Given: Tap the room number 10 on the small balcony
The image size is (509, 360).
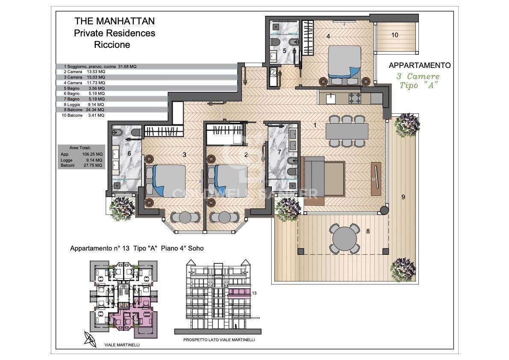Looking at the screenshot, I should click(x=394, y=35).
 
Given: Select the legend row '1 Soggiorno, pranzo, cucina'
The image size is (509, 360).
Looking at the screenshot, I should click(x=100, y=66).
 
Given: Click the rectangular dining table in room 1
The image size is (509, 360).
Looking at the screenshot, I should click(x=347, y=131).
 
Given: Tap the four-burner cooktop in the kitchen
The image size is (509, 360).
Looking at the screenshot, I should click(x=356, y=98).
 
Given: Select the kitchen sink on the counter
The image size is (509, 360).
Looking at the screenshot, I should click(x=331, y=98).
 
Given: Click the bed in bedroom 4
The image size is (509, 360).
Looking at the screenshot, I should click(x=344, y=63).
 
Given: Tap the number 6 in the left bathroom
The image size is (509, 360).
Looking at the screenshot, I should click(x=129, y=153).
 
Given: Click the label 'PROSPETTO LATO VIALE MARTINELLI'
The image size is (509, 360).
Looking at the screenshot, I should click(x=219, y=340).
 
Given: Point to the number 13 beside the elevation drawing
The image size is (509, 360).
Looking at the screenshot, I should click(x=254, y=293).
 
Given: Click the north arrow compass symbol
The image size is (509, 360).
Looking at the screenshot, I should click(x=90, y=339).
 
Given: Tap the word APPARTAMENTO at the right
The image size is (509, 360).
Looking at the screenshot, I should click(x=420, y=65).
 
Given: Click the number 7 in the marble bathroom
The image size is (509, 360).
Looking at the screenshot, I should click(x=279, y=152).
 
